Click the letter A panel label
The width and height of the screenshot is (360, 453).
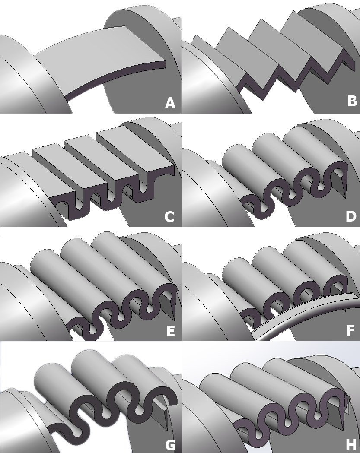(170, 103)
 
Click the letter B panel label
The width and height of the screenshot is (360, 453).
(352, 101)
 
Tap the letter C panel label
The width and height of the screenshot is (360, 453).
(169, 216)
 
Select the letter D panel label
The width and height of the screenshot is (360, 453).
(351, 216)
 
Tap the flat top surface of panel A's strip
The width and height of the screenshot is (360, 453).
(98, 58)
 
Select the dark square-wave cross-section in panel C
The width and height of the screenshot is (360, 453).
(113, 196)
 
